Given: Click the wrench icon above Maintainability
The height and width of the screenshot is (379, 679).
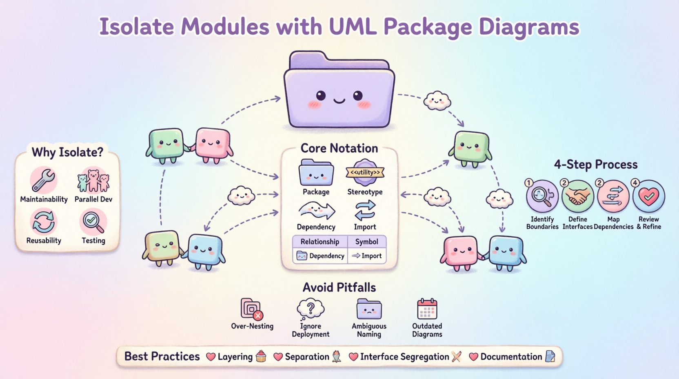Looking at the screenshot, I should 44,180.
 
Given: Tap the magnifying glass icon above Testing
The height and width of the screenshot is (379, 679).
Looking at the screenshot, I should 93,221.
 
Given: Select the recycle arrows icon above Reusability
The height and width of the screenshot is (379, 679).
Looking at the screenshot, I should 43,221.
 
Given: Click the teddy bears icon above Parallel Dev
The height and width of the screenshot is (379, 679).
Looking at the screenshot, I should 93,180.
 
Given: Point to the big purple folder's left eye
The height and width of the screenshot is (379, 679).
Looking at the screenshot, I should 321,96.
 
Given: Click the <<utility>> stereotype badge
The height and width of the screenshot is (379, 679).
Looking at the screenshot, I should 365,172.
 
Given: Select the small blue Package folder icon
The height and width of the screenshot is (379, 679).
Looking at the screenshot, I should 316,173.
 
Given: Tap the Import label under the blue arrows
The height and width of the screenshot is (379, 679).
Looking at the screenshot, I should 365,227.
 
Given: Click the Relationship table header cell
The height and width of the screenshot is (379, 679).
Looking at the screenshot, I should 320,241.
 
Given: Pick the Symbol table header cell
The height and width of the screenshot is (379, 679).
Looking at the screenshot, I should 366,241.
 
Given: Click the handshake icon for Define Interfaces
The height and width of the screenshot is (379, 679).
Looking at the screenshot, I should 577,196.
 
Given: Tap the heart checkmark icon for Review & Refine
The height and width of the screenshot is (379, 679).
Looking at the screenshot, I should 648,196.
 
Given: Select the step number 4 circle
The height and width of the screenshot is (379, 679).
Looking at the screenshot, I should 635,183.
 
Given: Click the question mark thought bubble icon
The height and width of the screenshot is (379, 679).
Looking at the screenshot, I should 311,308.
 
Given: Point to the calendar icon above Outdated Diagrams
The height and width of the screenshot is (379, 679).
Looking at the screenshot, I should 427,309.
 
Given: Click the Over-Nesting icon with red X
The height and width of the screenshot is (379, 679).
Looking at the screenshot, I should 252,309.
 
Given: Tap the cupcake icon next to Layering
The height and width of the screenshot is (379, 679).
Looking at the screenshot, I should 261,357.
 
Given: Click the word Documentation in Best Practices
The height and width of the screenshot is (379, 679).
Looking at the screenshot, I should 511,357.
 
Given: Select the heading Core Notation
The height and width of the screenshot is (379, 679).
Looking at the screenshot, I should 339,148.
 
